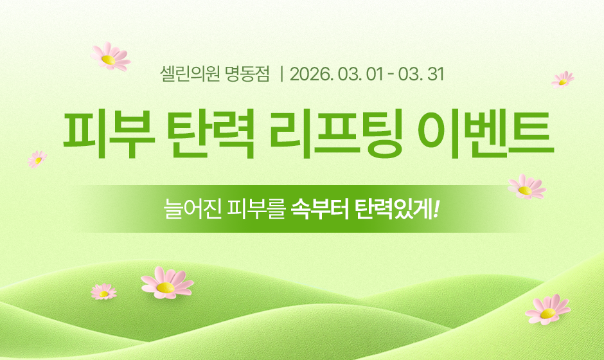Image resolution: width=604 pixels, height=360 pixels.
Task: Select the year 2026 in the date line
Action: [310, 74]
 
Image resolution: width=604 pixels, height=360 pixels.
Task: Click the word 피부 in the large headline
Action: [105, 136]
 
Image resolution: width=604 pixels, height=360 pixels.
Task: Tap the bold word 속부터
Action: [316, 208]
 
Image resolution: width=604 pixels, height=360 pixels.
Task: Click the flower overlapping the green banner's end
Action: [526, 187]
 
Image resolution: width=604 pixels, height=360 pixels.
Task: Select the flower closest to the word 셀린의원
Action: [109, 57]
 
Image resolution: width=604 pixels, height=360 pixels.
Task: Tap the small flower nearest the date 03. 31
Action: [563, 79]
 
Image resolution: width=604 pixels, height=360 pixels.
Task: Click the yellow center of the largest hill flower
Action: [166, 286]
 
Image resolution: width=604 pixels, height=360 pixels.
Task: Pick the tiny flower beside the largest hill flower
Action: [103, 292]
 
